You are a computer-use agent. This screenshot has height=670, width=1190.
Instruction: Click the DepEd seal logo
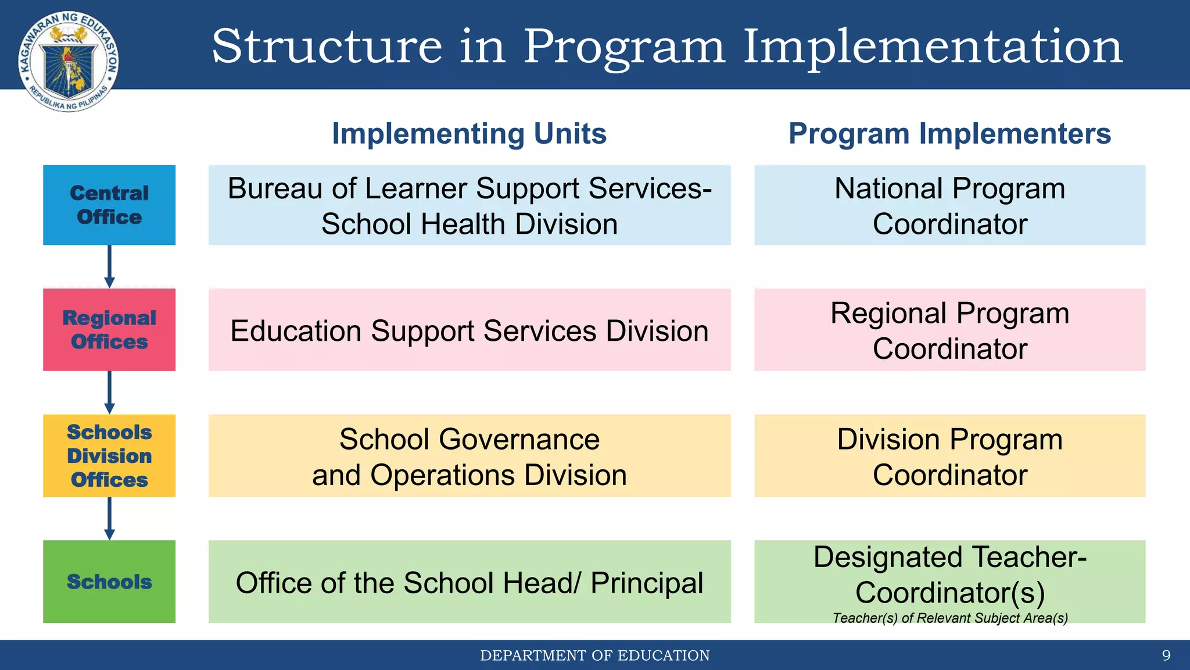point(69,61)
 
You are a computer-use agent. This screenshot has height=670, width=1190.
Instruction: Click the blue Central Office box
point(109,205)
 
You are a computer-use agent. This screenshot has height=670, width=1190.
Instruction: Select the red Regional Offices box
point(109,329)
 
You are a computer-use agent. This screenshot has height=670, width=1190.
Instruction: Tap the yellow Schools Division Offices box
point(109,455)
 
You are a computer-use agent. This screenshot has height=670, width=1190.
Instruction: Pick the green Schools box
point(109,581)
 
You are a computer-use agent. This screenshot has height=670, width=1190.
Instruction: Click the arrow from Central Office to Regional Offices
point(109,266)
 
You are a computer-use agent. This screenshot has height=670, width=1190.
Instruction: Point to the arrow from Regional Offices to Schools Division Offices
point(109,393)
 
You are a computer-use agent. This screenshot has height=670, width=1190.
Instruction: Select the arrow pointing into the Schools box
point(109,518)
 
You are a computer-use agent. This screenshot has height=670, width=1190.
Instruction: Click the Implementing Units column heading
point(469,134)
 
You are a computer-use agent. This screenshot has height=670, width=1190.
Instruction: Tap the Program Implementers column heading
point(949,134)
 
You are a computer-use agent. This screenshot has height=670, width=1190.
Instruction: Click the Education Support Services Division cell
point(469,330)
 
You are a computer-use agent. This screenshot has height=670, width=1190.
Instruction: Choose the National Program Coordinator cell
point(949,205)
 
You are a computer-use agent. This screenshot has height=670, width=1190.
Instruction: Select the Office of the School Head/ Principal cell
point(469,582)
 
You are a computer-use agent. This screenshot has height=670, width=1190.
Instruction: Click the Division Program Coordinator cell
point(949,456)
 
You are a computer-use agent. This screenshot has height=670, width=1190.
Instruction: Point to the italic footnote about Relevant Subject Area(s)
point(950,618)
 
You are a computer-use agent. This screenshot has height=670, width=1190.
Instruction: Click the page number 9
point(1166,655)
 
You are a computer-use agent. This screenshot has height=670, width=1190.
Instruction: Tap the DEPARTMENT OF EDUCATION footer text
point(594,655)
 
